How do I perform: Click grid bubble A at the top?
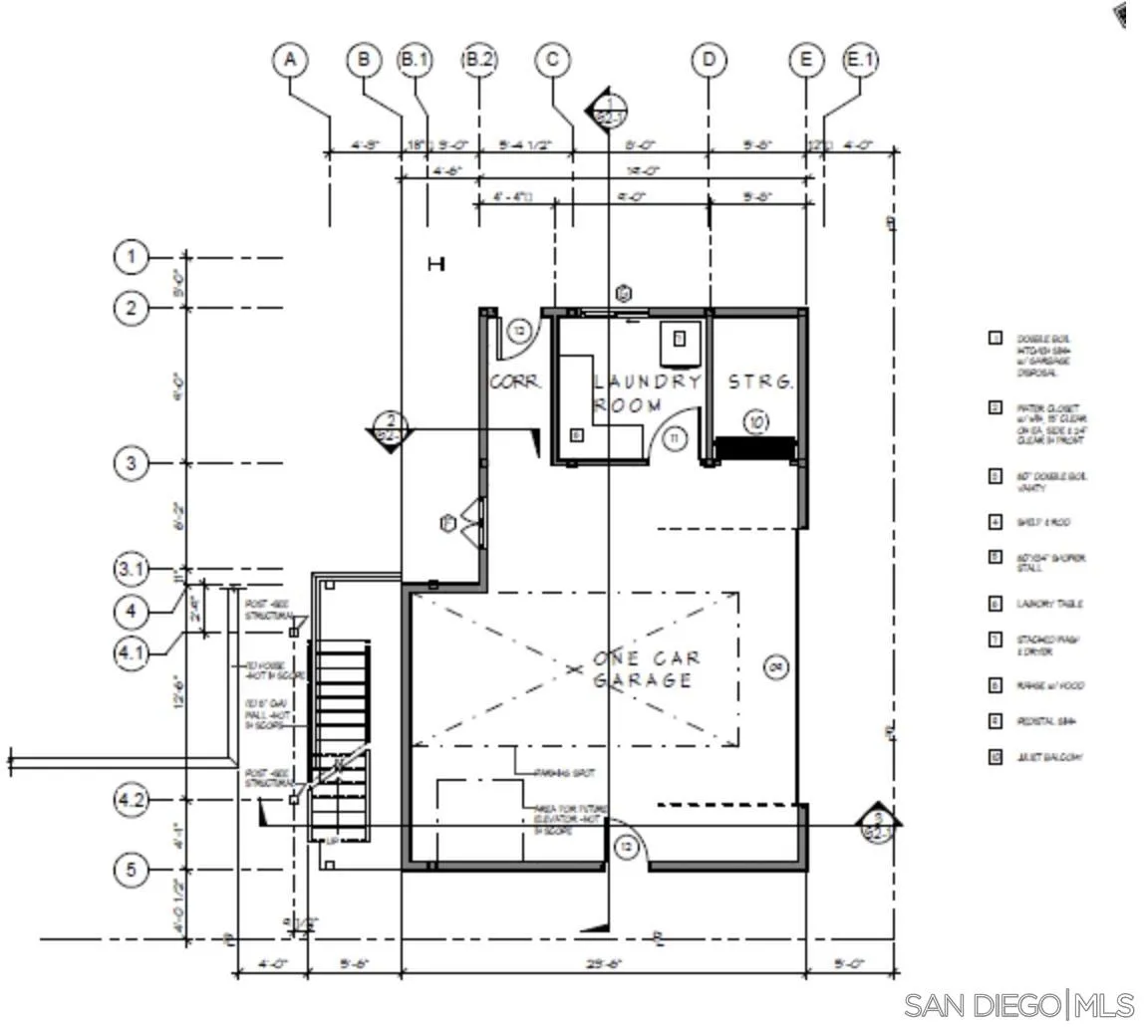point(290,60)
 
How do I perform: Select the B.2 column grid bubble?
point(478,60)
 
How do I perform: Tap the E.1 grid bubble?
point(861,60)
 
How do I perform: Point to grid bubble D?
point(709,60)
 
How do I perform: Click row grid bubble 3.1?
point(131,570)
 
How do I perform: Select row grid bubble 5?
point(131,870)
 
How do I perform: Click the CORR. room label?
point(515,383)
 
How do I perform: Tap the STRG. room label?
point(760,383)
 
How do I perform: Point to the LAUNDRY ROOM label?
point(646,393)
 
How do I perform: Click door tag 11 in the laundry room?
point(676,437)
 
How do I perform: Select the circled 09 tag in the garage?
point(775,666)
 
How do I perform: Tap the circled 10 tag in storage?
point(757,423)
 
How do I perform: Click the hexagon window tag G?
point(624,294)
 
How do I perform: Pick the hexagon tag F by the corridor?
point(447,523)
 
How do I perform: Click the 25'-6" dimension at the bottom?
point(606,964)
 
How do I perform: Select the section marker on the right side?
point(878,821)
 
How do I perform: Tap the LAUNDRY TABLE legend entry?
point(1048,605)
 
